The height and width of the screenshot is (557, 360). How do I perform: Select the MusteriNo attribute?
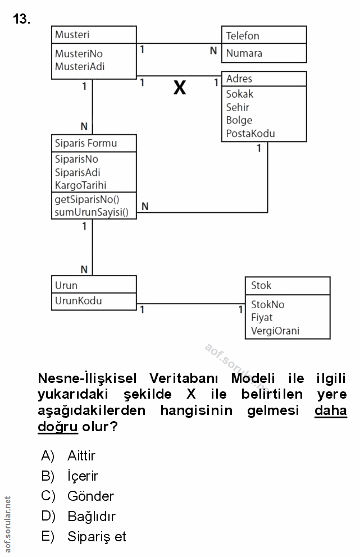coord(79,54)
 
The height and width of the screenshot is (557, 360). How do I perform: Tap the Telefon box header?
coord(243,36)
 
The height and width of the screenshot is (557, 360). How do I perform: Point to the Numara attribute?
coord(244,53)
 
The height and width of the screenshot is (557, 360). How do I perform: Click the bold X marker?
coord(179,88)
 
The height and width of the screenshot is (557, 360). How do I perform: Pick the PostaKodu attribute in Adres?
coord(250,134)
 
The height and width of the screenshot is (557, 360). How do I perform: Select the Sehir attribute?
coord(238,107)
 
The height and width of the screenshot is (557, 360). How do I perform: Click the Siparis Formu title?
coord(86,143)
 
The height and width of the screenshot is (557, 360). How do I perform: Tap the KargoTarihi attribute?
coord(81,185)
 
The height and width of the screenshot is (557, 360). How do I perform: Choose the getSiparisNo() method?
coord(88,199)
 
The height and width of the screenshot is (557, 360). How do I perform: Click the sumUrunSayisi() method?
coord(92,212)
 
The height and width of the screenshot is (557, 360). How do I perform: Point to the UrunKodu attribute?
coord(78,301)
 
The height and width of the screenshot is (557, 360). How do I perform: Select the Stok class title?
coord(261,285)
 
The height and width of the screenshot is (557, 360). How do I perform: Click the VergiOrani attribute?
coord(275,331)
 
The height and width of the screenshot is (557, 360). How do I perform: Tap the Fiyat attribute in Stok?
coord(262,317)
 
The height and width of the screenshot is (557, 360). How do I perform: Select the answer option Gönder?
coord(90,496)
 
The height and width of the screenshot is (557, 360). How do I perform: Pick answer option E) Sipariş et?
coord(96,537)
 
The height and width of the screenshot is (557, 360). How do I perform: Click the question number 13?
coord(21,20)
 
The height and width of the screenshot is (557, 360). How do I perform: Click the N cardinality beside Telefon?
coord(213,51)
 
